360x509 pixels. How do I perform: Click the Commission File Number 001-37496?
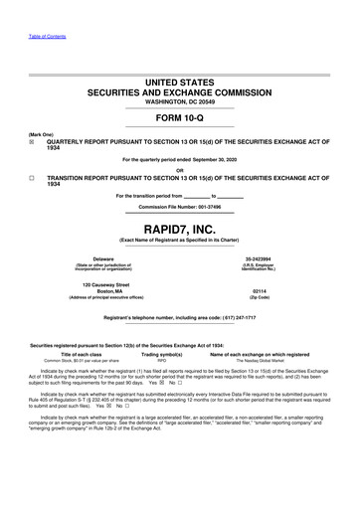pyautogui.click(x=180, y=204)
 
